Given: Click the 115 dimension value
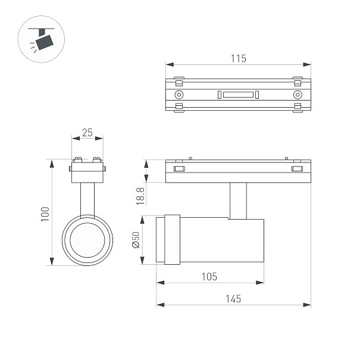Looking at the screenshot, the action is point(239,58).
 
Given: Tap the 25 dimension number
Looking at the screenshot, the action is point(87,133).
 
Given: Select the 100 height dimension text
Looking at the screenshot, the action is point(45,214).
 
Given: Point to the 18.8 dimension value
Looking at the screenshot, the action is point(140,196).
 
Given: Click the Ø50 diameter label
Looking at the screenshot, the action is point(136,240).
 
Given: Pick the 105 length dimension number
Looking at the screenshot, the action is point(209,277).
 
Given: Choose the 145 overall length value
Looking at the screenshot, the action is point(233,299).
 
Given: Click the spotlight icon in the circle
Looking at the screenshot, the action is point(41,39).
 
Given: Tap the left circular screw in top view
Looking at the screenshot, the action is point(179,95).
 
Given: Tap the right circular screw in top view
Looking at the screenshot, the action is point(298,95).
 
